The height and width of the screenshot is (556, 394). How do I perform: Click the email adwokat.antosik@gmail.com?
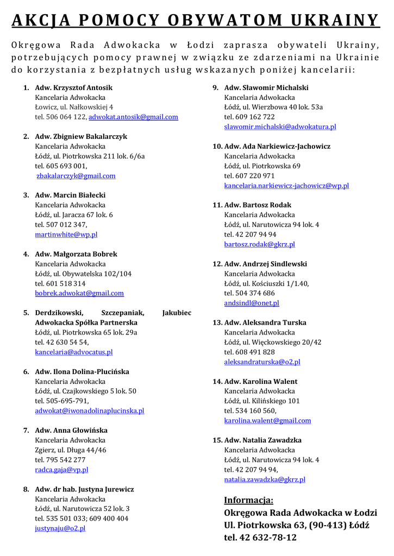[133, 117]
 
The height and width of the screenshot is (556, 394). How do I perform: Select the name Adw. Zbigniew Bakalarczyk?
[81, 136]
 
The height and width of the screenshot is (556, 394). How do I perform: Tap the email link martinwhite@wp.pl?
[66, 235]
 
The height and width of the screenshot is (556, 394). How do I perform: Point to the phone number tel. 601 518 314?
[60, 283]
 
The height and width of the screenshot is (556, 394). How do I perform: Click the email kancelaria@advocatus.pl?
[74, 352]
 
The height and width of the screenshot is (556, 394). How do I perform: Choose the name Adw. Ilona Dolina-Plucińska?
[82, 372]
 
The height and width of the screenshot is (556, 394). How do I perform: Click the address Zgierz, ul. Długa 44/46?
[71, 450]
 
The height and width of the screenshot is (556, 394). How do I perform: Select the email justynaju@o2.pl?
[60, 528]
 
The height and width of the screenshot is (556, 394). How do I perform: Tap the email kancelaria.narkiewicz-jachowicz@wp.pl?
[286, 186]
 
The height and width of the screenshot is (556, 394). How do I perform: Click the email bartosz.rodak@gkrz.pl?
[260, 244]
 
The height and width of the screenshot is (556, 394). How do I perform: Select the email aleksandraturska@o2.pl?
[262, 362]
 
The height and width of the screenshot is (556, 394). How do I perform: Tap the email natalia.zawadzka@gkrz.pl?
[265, 479]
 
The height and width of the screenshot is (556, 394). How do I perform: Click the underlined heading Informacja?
[249, 500]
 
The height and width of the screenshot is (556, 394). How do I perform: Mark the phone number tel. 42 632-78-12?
[260, 538]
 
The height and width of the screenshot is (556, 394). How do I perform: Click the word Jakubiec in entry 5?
[177, 313]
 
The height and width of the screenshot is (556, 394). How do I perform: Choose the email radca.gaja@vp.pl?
[61, 470]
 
